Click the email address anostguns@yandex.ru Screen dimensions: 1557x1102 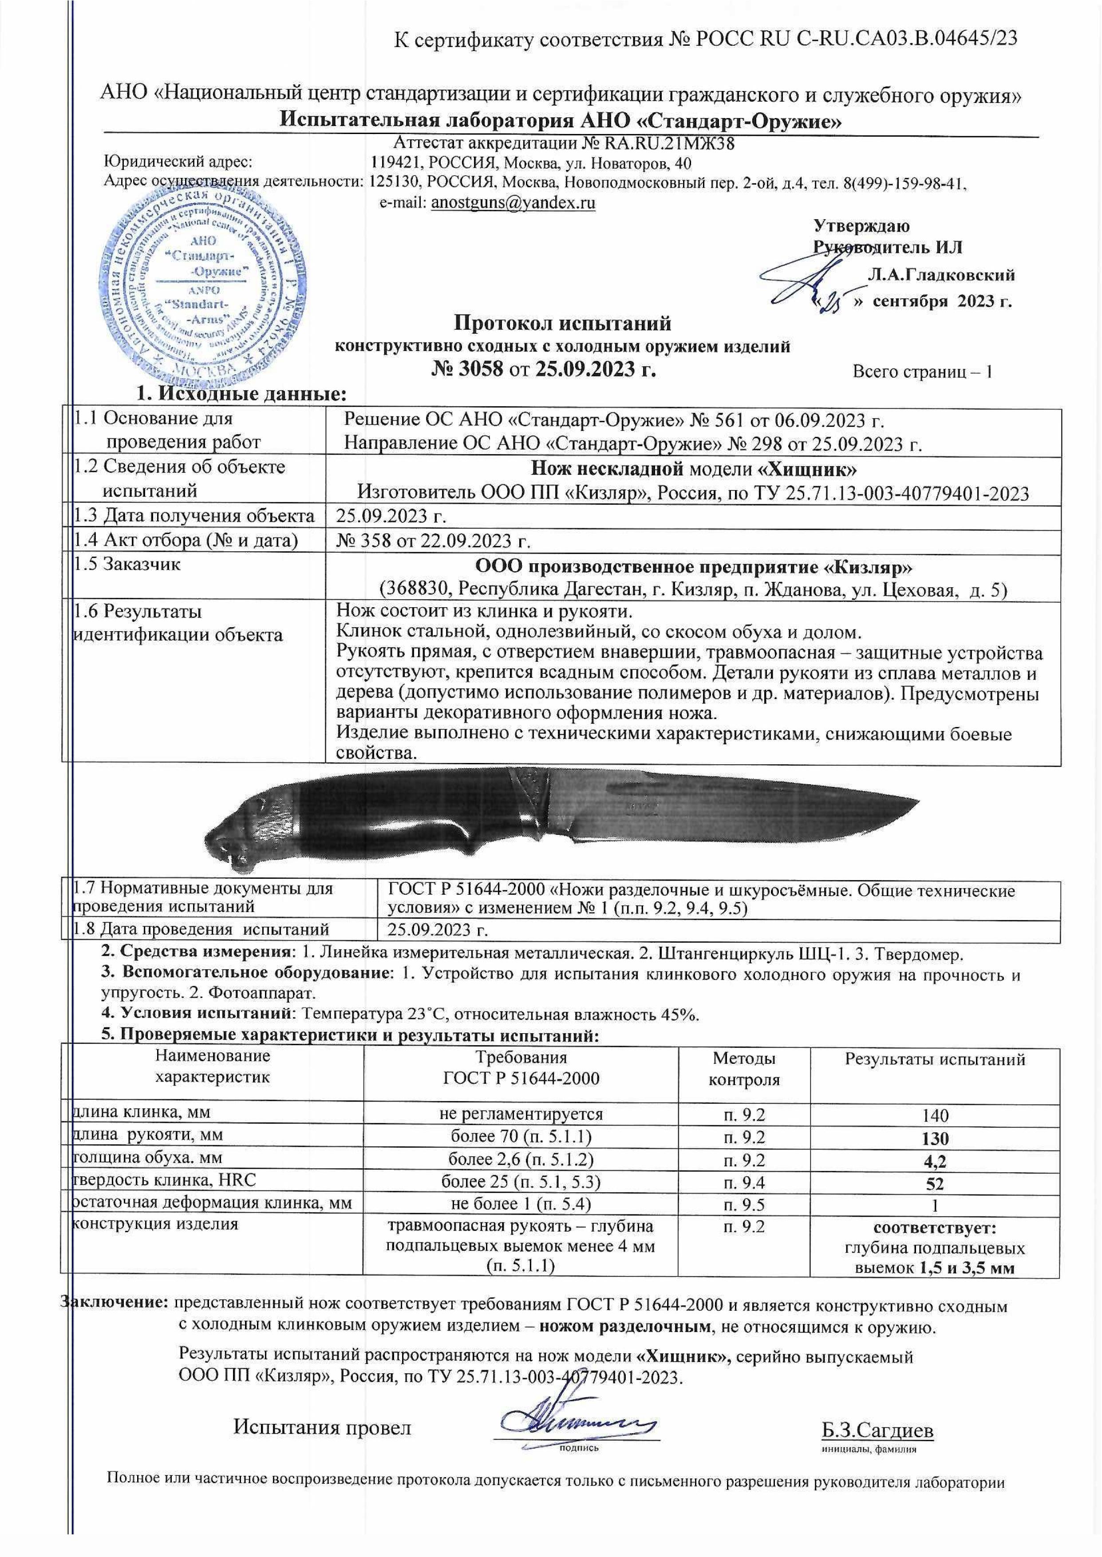click(x=513, y=202)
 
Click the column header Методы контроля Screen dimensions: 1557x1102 click(x=744, y=1068)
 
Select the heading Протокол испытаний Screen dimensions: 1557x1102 click(x=562, y=322)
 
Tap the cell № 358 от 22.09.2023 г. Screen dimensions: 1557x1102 click(x=433, y=541)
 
